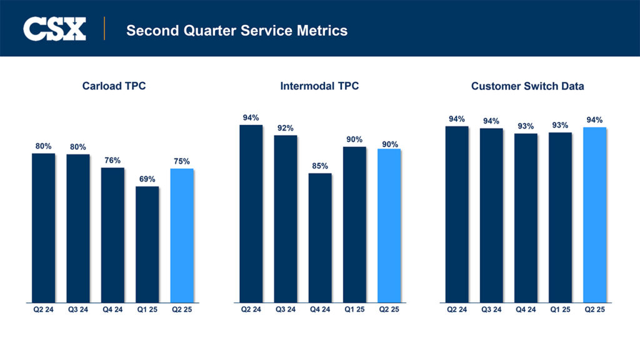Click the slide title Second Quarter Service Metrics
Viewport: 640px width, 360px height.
(x=236, y=30)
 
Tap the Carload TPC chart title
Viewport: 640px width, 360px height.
(x=114, y=86)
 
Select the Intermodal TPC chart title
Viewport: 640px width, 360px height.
(x=319, y=86)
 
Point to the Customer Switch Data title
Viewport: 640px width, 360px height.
(x=527, y=86)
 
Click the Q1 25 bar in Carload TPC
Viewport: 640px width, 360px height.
(x=147, y=244)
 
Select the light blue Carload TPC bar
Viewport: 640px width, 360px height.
(x=182, y=235)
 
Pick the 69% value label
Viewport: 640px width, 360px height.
(x=147, y=179)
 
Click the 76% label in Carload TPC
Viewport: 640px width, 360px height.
(x=112, y=160)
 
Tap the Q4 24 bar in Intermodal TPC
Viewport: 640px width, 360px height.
(x=320, y=237)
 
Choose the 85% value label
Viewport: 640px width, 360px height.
(x=320, y=166)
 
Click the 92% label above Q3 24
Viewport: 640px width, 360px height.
(x=286, y=128)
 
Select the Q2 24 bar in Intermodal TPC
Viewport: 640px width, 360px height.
(x=251, y=212)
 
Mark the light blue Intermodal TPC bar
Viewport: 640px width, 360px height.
(x=389, y=225)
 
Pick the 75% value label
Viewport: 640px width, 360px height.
(x=182, y=161)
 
